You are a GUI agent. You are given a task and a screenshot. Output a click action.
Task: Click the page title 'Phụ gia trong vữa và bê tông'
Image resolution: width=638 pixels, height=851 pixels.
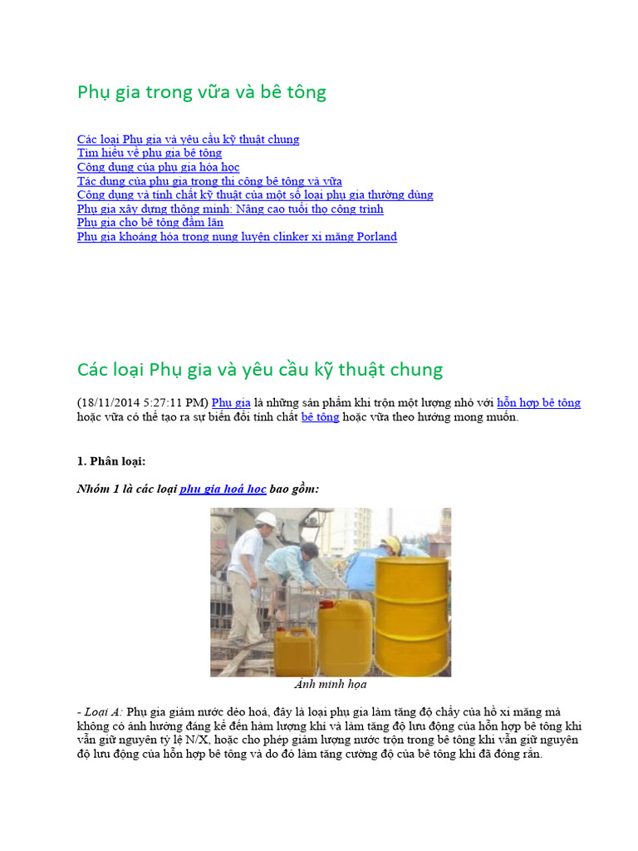click(x=202, y=92)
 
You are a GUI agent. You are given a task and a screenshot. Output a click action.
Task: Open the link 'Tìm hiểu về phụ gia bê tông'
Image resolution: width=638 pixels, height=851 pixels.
click(x=150, y=153)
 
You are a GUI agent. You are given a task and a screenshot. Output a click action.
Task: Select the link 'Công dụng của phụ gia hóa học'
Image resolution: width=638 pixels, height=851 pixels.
click(x=158, y=167)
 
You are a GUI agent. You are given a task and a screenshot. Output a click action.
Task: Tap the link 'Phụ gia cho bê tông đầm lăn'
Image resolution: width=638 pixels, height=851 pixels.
click(x=151, y=223)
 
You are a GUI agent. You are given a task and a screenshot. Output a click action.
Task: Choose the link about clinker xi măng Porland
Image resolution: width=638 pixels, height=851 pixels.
click(x=237, y=237)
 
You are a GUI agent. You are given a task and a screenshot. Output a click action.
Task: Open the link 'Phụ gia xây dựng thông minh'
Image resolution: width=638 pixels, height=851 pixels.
click(x=230, y=209)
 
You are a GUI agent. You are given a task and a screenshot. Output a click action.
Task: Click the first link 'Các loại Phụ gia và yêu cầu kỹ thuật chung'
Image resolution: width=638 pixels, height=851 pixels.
click(x=188, y=139)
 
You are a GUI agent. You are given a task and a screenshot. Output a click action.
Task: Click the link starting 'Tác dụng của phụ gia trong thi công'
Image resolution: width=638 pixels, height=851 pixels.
click(x=209, y=181)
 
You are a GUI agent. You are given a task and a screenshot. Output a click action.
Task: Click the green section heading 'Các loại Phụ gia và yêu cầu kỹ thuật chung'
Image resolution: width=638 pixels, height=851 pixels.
click(x=260, y=369)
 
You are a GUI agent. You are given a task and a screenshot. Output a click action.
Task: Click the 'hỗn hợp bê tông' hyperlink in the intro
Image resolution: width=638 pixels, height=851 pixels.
click(x=538, y=403)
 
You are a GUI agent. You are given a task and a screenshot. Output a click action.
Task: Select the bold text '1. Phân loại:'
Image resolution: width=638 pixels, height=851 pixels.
click(x=111, y=461)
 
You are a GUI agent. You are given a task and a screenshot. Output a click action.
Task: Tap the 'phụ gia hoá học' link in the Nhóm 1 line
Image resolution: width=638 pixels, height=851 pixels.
click(x=223, y=489)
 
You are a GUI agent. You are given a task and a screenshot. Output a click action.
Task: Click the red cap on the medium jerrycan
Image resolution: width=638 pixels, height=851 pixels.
click(x=331, y=603)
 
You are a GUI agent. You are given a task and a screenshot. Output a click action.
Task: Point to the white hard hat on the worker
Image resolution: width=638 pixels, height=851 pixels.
click(x=265, y=519)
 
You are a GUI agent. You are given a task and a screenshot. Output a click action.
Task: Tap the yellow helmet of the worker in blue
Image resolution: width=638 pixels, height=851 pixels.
click(x=391, y=544)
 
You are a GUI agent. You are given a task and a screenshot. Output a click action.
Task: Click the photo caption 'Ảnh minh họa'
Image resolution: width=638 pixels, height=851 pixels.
click(x=331, y=685)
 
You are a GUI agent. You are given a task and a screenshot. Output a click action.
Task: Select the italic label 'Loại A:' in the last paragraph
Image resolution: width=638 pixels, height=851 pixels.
click(x=105, y=712)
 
